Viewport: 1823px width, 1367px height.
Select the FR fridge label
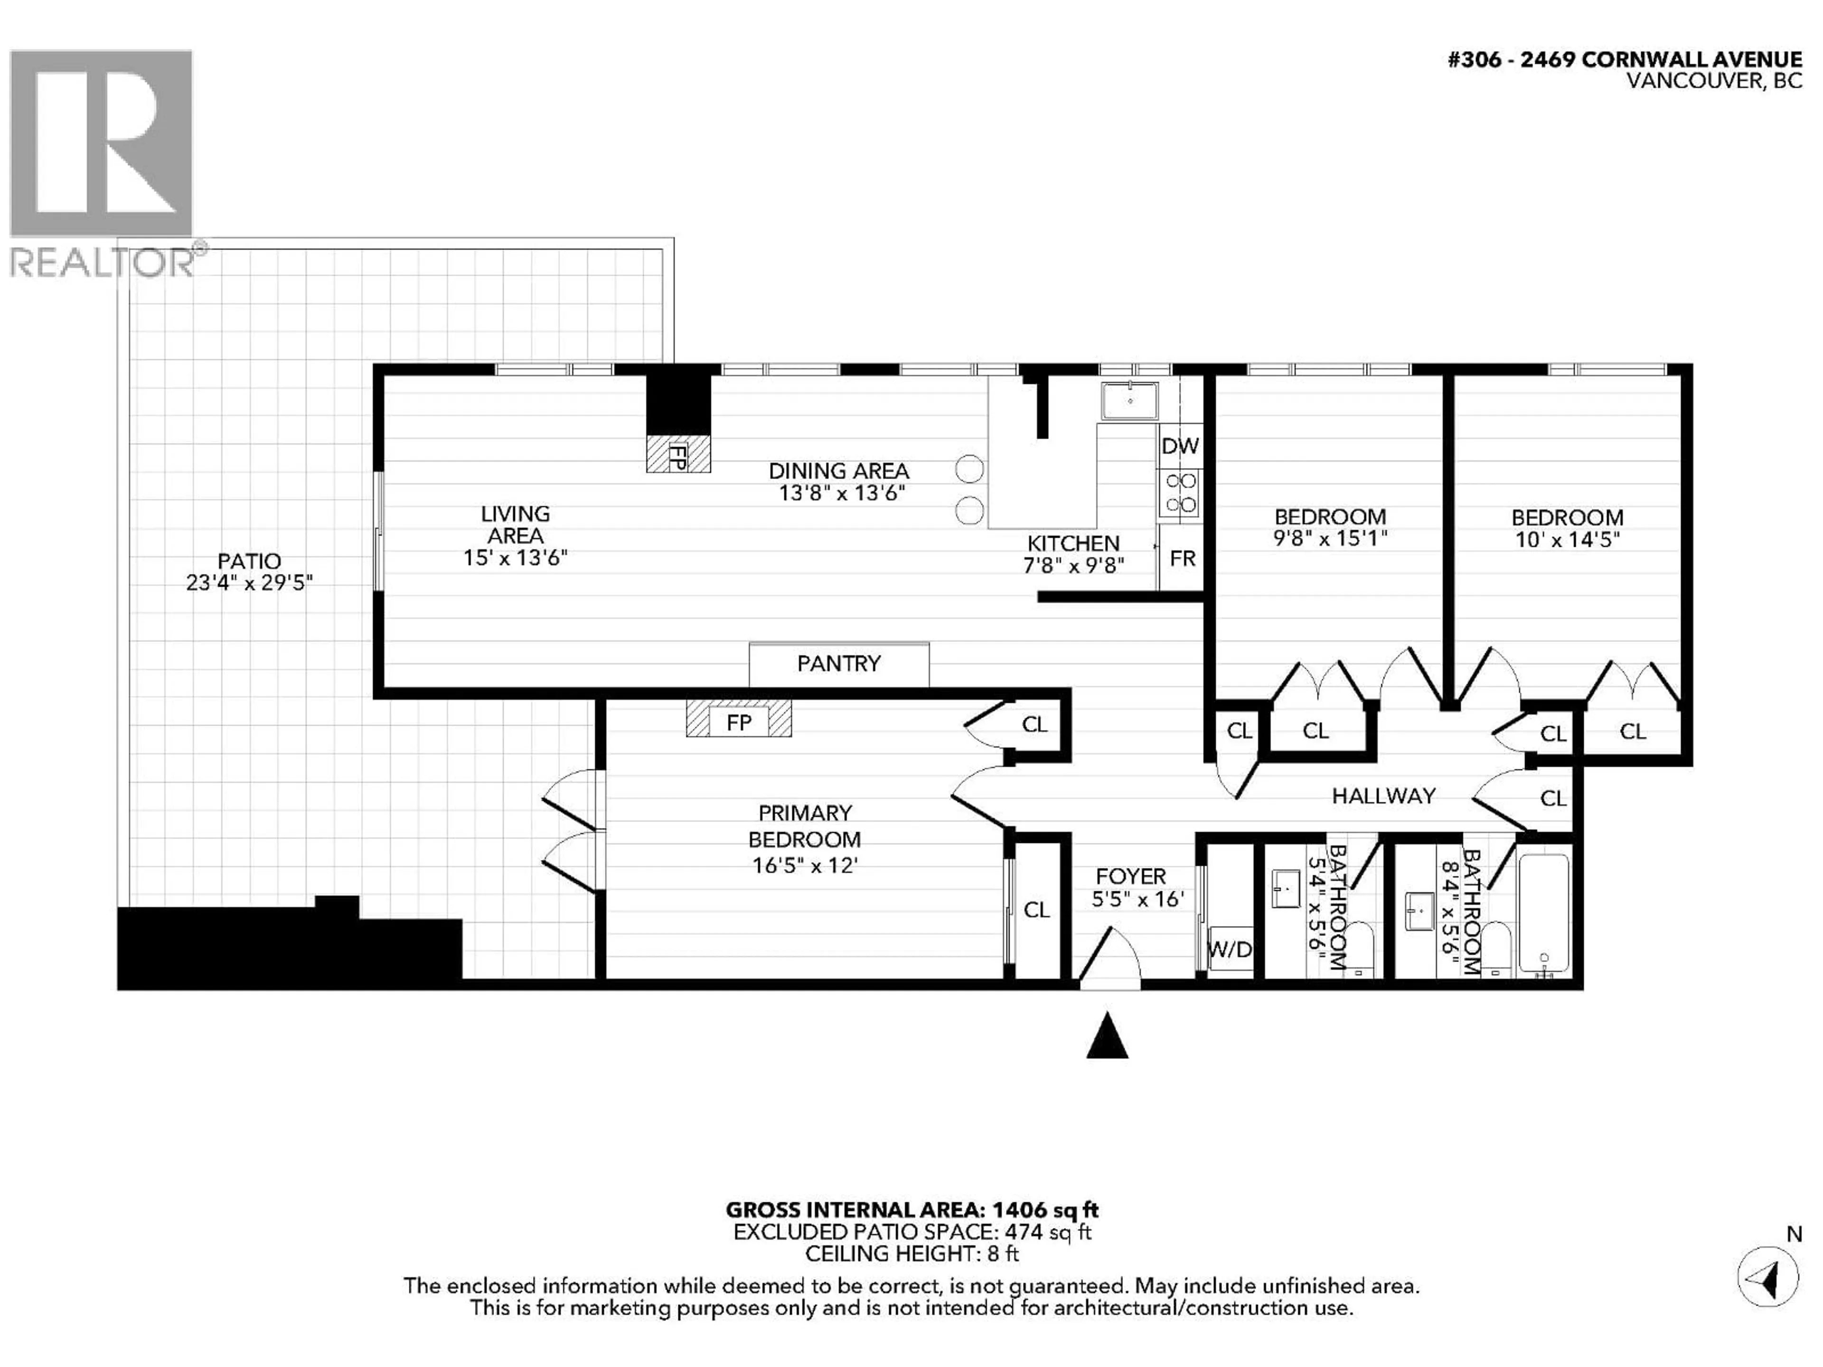tap(1182, 559)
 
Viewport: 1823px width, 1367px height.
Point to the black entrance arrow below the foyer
tap(1107, 1037)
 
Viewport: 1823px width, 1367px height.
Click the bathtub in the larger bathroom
tap(1544, 915)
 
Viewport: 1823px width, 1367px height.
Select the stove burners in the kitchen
tap(1179, 493)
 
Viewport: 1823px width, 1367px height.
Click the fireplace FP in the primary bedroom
tap(738, 722)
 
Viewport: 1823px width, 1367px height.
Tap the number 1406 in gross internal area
tap(1019, 1210)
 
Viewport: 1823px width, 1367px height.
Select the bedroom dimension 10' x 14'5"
tap(1567, 540)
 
